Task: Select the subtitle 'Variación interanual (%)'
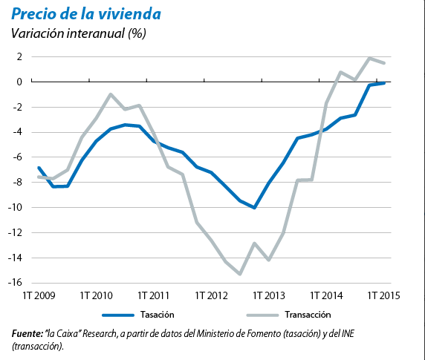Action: pyautogui.click(x=78, y=33)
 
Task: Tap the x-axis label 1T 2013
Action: pyautogui.click(x=268, y=295)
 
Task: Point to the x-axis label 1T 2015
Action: pyautogui.click(x=384, y=295)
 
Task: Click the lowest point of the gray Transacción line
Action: pyautogui.click(x=240, y=274)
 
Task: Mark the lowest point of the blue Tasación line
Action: pyautogui.click(x=254, y=208)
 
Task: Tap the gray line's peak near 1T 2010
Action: pyautogui.click(x=111, y=94)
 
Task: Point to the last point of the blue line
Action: pyautogui.click(x=384, y=83)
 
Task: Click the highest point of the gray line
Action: pyautogui.click(x=369, y=58)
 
